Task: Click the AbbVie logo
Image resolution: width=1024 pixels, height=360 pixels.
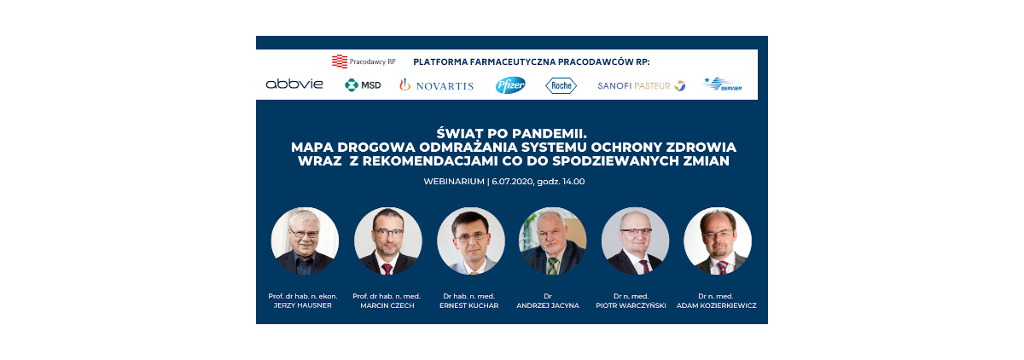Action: [294, 84]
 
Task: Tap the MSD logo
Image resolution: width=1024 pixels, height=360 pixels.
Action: [363, 85]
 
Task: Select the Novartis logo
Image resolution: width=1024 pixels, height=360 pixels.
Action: [436, 85]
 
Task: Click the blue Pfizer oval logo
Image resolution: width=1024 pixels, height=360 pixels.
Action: [510, 85]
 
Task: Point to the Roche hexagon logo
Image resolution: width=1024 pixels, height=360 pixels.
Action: [561, 85]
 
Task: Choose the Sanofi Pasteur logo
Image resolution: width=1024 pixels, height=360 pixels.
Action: [642, 85]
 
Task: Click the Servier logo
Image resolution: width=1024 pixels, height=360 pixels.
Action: [722, 84]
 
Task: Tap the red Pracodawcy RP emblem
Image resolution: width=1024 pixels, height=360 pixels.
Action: [340, 61]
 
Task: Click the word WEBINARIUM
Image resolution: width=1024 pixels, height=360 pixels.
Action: [454, 182]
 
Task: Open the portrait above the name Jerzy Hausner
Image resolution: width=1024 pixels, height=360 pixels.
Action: [305, 241]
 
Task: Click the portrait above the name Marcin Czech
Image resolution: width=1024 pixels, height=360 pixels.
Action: [387, 241]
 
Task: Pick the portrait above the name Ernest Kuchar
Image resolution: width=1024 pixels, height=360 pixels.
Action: [471, 241]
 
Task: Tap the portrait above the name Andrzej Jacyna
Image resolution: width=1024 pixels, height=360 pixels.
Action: [553, 241]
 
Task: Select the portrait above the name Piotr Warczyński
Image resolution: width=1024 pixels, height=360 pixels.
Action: [635, 241]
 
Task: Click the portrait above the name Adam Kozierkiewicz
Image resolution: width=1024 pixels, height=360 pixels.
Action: [718, 241]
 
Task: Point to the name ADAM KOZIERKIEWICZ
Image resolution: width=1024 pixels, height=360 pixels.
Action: [716, 305]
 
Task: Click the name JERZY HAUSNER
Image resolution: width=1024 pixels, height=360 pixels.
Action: [303, 305]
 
